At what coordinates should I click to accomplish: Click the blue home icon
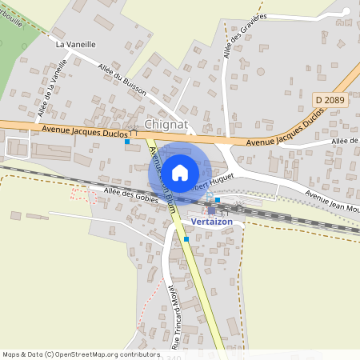tap(180, 172)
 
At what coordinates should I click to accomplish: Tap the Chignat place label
tap(166, 124)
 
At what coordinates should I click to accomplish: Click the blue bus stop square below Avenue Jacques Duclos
tap(127, 142)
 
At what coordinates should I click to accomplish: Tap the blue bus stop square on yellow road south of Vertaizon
tap(186, 238)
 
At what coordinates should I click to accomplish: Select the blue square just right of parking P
tap(218, 200)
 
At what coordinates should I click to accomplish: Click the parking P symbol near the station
tap(209, 195)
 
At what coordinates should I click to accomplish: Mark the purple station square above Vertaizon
tap(211, 210)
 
